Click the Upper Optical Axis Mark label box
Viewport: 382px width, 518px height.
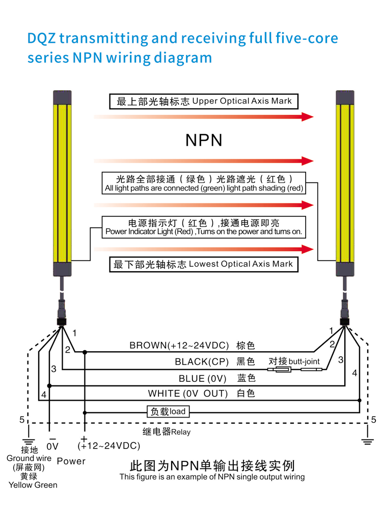[204, 101]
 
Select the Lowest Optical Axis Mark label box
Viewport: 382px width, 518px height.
[204, 264]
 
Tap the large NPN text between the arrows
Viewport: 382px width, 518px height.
[204, 140]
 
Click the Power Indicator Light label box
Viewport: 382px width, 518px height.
[204, 227]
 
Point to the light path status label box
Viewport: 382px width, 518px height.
[204, 183]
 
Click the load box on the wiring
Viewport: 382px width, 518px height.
[168, 411]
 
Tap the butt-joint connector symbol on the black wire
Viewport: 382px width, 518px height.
[294, 369]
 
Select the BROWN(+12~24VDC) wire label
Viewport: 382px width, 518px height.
[179, 346]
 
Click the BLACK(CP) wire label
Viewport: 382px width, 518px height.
[202, 362]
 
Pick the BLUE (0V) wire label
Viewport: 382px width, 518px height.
[202, 379]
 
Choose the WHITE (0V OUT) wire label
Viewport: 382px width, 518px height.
[188, 394]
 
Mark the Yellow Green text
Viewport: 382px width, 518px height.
[33, 485]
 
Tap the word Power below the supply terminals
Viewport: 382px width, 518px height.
[71, 461]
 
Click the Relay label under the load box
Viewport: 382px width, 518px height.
[167, 432]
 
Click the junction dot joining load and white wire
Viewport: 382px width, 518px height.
[360, 400]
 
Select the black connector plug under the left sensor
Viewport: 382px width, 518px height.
[62, 321]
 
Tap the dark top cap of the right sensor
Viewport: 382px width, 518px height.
[345, 97]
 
